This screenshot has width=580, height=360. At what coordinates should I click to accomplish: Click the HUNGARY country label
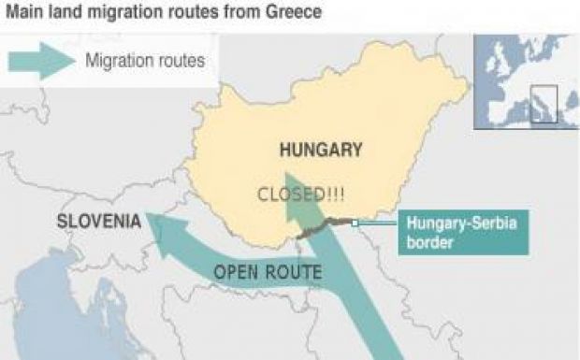(x=321, y=150)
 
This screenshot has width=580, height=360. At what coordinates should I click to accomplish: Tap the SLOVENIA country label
(x=99, y=223)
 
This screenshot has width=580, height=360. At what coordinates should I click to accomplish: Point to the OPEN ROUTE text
(x=268, y=273)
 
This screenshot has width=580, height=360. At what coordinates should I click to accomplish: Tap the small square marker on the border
(x=355, y=223)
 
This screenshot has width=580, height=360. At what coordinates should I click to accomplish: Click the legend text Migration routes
(x=144, y=61)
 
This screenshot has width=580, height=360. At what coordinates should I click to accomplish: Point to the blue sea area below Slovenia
(x=56, y=309)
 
